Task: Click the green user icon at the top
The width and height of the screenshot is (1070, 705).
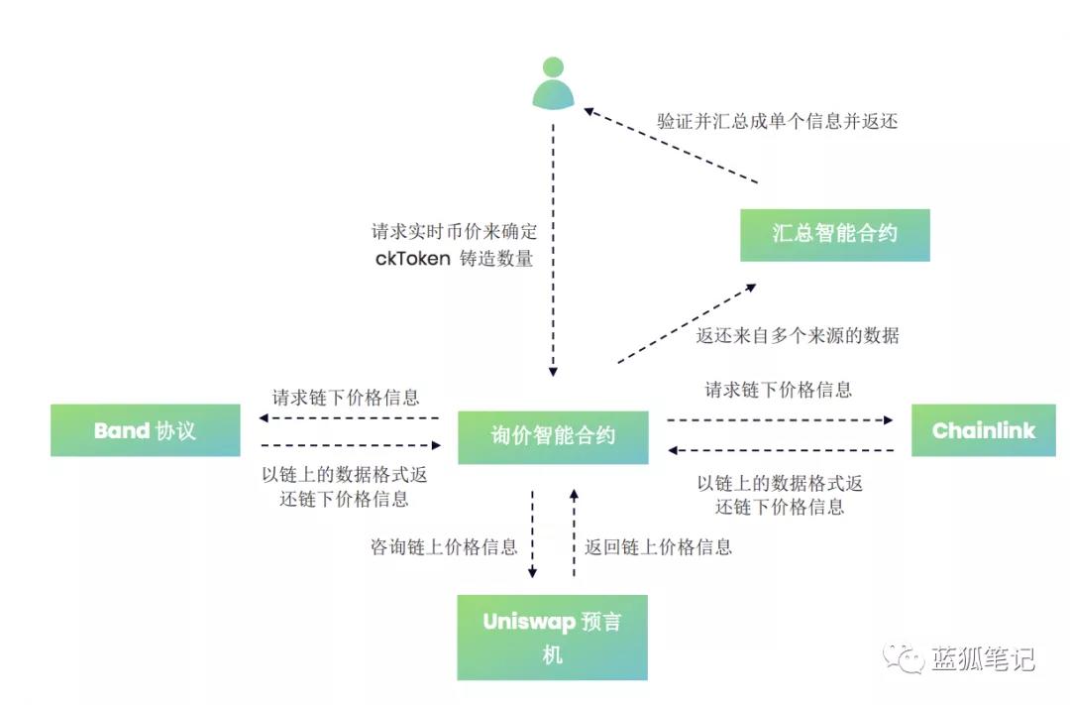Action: click(553, 83)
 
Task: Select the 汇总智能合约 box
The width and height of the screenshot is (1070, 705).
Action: click(834, 235)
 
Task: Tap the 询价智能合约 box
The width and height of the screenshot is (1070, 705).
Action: click(553, 437)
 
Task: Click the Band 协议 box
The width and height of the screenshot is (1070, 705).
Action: click(145, 430)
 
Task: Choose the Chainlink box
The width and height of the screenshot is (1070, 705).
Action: click(983, 430)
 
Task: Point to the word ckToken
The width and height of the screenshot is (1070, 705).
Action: click(412, 260)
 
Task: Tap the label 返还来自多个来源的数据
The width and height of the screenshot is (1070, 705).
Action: click(797, 335)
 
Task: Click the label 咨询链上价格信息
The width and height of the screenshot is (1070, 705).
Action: click(444, 546)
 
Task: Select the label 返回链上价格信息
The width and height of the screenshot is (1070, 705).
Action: click(658, 546)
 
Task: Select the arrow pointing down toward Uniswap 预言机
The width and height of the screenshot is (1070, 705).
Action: click(532, 535)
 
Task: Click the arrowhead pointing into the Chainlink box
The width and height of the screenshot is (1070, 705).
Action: click(888, 420)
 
